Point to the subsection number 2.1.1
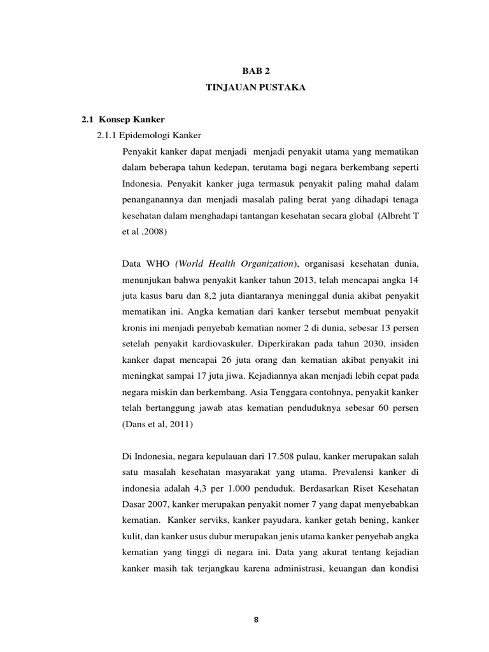point(105,135)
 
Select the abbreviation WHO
point(157,263)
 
